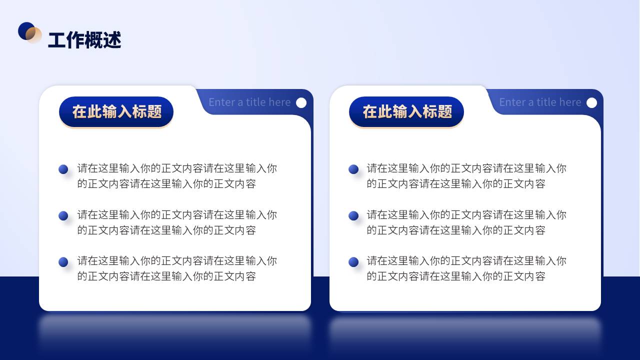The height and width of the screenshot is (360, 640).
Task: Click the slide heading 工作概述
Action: pos(84,39)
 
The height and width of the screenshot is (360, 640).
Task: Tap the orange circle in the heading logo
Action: pos(33,35)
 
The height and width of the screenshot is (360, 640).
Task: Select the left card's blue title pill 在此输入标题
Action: pos(116,111)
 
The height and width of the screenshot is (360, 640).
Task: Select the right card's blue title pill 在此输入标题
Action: pos(406,111)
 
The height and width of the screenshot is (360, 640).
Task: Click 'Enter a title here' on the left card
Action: pos(249,102)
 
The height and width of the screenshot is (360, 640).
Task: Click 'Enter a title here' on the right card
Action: pos(540,102)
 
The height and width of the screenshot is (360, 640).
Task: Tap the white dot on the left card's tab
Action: pos(301,103)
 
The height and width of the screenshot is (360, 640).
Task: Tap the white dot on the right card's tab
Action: pos(591,103)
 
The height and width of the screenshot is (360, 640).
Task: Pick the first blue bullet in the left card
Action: pos(63,169)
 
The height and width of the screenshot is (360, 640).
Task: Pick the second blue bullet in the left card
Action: pos(63,215)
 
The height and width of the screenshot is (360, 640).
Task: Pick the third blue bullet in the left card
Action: pos(63,262)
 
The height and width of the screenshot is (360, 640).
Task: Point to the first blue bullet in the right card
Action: pos(353,169)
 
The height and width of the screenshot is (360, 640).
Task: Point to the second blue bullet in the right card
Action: pos(353,215)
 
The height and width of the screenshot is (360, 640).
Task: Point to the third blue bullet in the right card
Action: pos(353,262)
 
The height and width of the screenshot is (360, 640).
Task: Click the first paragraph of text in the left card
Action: pos(177,176)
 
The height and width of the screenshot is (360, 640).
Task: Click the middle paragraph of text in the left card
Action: pos(177,222)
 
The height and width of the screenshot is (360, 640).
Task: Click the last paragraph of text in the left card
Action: pos(177,268)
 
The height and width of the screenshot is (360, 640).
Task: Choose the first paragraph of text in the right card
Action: pos(466,176)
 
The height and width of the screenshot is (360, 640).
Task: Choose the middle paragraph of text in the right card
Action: pos(466,222)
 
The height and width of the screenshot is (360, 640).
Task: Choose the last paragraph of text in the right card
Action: pos(466,268)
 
